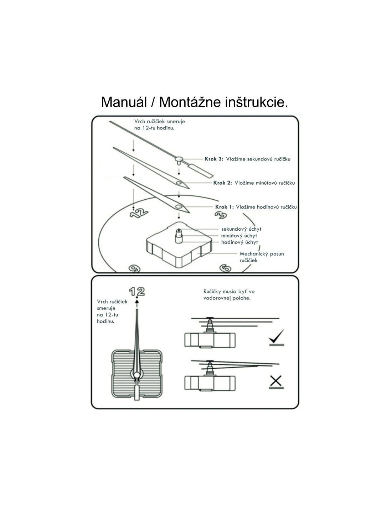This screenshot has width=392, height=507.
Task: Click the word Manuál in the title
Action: (124, 102)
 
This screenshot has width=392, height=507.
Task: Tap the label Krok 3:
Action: (213, 159)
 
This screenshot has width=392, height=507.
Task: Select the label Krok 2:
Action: (222, 183)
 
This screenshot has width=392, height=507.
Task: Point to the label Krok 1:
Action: (224, 207)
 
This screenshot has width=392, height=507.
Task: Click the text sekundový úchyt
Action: (241, 229)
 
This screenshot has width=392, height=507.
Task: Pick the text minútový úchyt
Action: (239, 236)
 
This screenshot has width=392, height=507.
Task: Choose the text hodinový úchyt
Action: (239, 242)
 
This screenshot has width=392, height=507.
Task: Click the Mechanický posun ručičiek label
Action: (261, 257)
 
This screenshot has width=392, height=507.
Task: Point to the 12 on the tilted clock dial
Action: (139, 213)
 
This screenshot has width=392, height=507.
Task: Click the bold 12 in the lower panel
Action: (137, 292)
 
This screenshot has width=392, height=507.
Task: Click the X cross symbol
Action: (276, 381)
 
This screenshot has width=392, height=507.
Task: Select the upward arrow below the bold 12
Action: (137, 303)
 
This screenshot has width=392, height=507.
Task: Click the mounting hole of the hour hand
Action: (178, 206)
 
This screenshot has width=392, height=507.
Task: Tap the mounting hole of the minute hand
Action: (179, 183)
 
